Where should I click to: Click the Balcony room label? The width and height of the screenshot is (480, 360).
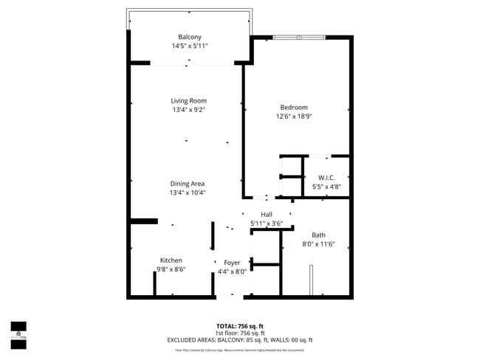pos(189,37)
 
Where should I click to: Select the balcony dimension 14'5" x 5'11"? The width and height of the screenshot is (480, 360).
pos(189,46)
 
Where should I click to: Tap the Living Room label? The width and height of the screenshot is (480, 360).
pos(188,100)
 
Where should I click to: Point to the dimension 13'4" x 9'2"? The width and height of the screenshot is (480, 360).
pos(188,110)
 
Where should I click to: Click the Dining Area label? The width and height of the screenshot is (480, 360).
pos(188,183)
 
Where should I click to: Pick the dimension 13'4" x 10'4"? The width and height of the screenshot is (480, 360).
pos(188,193)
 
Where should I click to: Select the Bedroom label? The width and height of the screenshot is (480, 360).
pos(293,107)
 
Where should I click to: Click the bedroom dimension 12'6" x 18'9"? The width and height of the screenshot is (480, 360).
pos(293,117)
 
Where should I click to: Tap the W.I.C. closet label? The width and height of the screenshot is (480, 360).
pos(326,178)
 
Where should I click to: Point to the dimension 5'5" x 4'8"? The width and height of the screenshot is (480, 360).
pos(326,187)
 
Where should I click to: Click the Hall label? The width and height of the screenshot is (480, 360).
pos(266,214)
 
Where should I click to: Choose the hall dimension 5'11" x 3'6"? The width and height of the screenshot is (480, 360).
pos(266,223)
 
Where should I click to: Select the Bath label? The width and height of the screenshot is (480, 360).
pos(318,235)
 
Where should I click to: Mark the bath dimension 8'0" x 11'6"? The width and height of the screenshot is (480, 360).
pos(318,244)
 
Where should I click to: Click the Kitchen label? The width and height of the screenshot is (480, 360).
pos(171,260)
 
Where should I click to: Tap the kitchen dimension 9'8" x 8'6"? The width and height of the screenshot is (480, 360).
pos(171,270)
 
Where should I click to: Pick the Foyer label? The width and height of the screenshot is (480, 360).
pos(232,262)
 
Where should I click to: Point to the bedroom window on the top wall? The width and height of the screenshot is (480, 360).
pos(298,38)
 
